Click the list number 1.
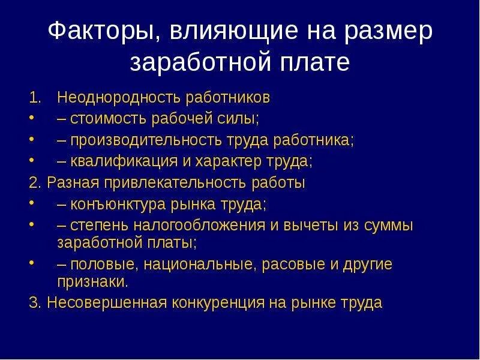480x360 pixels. click(x=34, y=97)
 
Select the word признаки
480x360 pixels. click(x=92, y=281)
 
